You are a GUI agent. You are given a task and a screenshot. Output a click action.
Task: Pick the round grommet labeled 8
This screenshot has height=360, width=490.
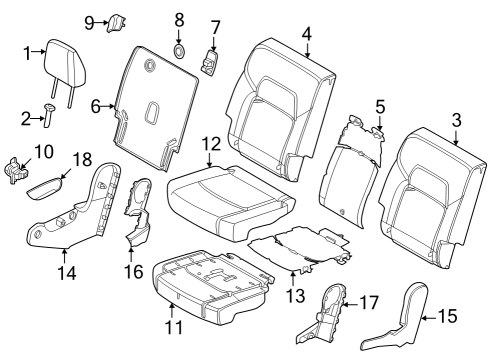click(180, 50)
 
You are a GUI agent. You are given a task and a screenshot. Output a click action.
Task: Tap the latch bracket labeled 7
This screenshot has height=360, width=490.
click(211, 64)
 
